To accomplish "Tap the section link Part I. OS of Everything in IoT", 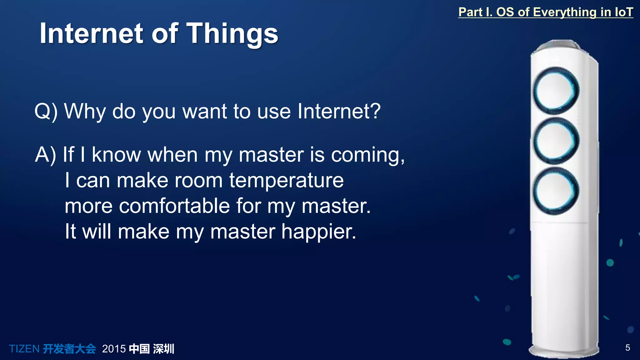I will [x=545, y=12].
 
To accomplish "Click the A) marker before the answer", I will [x=46, y=154].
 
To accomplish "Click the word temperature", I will [x=286, y=181].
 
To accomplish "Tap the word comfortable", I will [x=174, y=206].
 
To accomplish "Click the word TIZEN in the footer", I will [x=24, y=349].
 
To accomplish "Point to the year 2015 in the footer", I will [x=114, y=349].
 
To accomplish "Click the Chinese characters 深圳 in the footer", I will [x=163, y=349].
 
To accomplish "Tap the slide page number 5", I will [x=627, y=347].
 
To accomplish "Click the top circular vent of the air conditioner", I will [x=556, y=91].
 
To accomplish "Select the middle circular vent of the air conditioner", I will [x=556, y=141].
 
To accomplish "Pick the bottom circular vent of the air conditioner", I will [x=556, y=191].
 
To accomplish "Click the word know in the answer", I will [x=116, y=155].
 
